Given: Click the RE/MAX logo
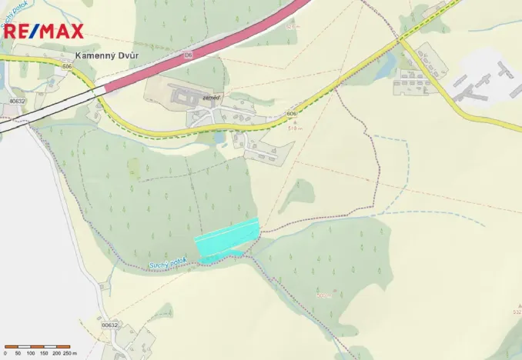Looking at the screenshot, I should pos(43,31).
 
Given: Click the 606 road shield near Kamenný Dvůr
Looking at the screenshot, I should pos(68,68).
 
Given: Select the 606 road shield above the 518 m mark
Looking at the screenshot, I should pos(291,114).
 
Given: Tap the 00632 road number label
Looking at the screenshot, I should pos(110,325).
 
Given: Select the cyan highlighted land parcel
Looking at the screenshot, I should pos(227,237).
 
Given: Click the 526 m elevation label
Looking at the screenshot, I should pos(291,27).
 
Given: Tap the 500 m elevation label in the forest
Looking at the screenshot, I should pos(323,295).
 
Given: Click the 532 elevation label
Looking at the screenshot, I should pos(517,312).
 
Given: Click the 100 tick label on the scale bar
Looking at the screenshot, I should pos(30,352).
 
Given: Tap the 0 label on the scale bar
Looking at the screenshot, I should pos(5,352).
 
